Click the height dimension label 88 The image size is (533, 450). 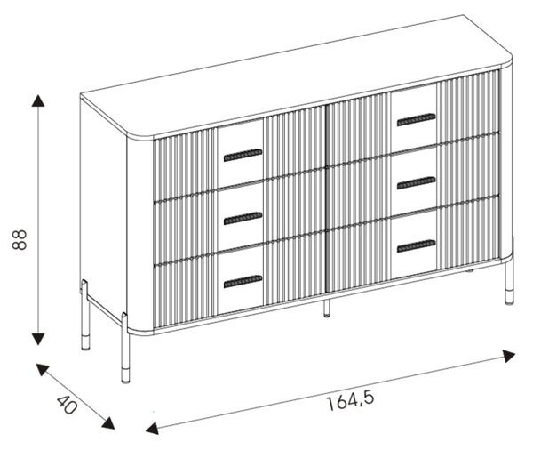click(20, 239)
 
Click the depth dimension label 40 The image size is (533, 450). click(68, 405)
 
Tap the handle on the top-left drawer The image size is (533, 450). click(243, 155)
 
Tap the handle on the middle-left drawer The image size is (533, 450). click(243, 218)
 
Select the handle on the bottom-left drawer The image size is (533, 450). click(243, 281)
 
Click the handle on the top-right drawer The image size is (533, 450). click(416, 119)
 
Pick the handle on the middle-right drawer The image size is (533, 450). click(416, 183)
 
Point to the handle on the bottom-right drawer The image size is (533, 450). click(416, 246)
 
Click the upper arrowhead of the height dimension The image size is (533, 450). click(37, 101)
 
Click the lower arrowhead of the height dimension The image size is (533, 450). click(37, 339)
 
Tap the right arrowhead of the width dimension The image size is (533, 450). click(509, 356)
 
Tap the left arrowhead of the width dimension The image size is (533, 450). click(152, 428)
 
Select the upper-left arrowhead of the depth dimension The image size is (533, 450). click(42, 369)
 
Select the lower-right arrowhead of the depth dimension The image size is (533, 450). click(108, 422)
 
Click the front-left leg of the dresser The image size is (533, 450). click(125, 349)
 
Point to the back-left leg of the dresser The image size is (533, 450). click(85, 316)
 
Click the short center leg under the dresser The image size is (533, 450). click(326, 309)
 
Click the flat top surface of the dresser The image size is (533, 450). click(296, 76)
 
